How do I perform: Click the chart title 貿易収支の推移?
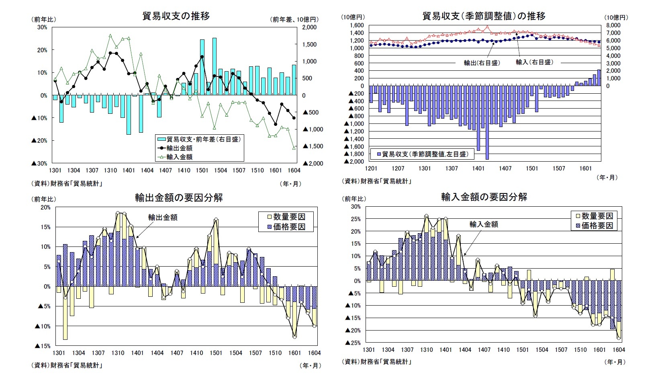click(176, 16)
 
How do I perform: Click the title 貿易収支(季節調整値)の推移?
click(484, 16)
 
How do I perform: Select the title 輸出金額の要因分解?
click(179, 198)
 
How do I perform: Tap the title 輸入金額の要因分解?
click(484, 197)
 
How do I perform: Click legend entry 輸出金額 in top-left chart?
click(180, 148)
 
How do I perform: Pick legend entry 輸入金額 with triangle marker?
click(180, 157)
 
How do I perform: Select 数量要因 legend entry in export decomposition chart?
click(289, 217)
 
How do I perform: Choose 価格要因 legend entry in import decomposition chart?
click(597, 226)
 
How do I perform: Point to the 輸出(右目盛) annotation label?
click(482, 63)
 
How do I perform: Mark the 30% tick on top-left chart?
click(42, 27)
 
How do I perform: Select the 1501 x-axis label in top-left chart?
click(202, 170)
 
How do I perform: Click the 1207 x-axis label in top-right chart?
click(398, 168)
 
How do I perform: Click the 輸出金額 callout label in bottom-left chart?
click(163, 218)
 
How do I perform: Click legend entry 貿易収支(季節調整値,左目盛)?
click(425, 154)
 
